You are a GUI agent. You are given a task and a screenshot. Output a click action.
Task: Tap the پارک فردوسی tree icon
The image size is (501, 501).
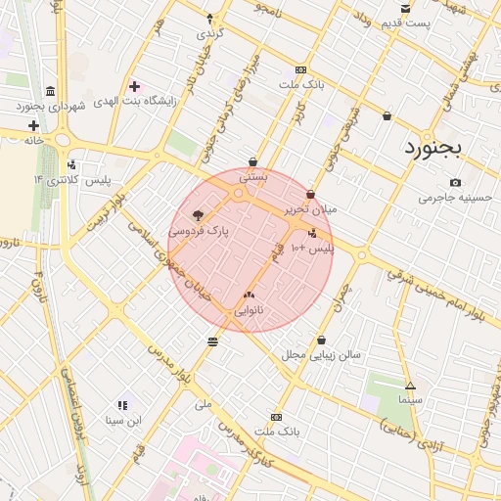click(x=199, y=216)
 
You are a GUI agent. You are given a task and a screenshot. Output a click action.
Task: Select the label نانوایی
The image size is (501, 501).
click(x=248, y=310)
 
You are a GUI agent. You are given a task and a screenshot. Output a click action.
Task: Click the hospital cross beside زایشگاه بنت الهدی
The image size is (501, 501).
click(x=134, y=87)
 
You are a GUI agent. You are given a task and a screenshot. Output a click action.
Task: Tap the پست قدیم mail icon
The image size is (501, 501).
click(x=405, y=8)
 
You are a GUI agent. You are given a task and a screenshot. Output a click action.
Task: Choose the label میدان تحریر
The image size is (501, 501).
click(x=310, y=209)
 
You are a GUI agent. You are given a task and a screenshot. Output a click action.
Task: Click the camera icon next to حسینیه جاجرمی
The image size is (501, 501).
click(x=455, y=183)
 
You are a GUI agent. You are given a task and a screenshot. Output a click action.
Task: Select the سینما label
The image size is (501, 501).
click(x=409, y=400)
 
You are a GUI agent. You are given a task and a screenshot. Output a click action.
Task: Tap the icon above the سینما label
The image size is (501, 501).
click(x=409, y=386)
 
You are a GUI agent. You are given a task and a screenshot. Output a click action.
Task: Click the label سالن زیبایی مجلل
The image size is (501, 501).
click(x=322, y=354)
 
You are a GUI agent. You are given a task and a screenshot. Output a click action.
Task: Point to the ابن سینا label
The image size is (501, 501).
click(x=124, y=420)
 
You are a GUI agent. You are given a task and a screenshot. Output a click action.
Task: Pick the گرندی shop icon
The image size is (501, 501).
click(x=208, y=18)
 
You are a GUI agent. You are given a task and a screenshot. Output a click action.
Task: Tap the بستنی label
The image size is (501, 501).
click(x=253, y=177)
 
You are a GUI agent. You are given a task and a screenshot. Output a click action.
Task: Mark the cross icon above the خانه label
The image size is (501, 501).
click(x=34, y=125)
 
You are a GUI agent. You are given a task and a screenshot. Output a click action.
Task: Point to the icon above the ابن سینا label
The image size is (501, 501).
click(x=123, y=405)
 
